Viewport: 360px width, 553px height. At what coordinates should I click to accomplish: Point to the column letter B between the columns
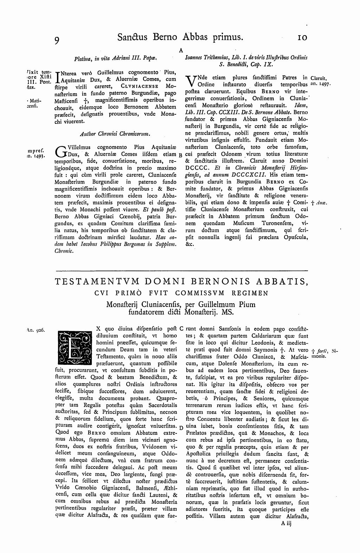(x=180, y=154)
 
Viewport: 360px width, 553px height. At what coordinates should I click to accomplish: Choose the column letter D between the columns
(x=180, y=427)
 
